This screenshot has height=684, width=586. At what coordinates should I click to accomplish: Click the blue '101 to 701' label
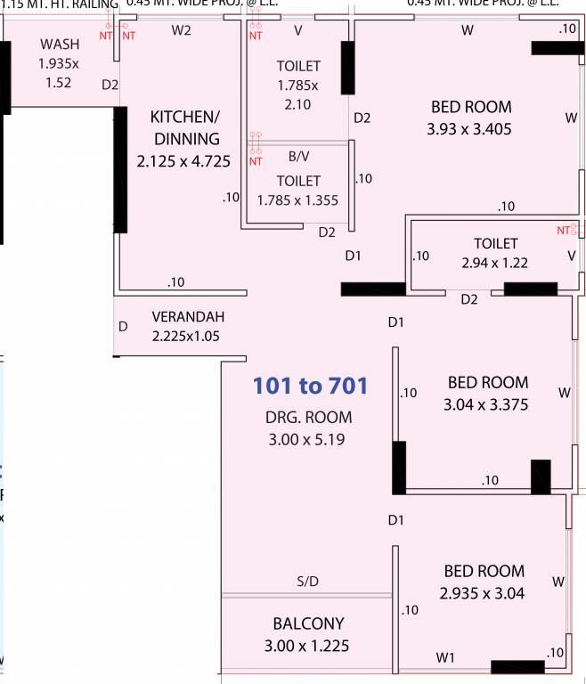310,387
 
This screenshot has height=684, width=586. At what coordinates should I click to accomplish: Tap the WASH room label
60,45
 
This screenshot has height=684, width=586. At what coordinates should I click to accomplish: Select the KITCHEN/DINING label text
185,128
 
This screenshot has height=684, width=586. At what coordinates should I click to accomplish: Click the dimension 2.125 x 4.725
183,162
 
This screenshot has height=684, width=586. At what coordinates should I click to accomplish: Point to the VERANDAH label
188,317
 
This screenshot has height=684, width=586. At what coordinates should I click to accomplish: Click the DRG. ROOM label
308,417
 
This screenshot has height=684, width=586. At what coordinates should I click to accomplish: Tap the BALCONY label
308,623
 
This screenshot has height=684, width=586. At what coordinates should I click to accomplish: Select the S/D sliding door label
307,582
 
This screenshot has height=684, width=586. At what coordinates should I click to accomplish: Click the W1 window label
446,657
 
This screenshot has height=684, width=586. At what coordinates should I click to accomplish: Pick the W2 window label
182,30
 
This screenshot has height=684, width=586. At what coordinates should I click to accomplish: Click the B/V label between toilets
298,156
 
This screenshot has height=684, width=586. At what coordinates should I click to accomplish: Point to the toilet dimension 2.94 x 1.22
495,264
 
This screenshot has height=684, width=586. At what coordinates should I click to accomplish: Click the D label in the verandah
124,327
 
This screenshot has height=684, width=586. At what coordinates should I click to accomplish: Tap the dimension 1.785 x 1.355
297,200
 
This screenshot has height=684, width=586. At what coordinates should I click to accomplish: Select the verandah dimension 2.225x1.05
186,337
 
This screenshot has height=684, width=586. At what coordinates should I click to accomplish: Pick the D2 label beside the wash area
110,85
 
